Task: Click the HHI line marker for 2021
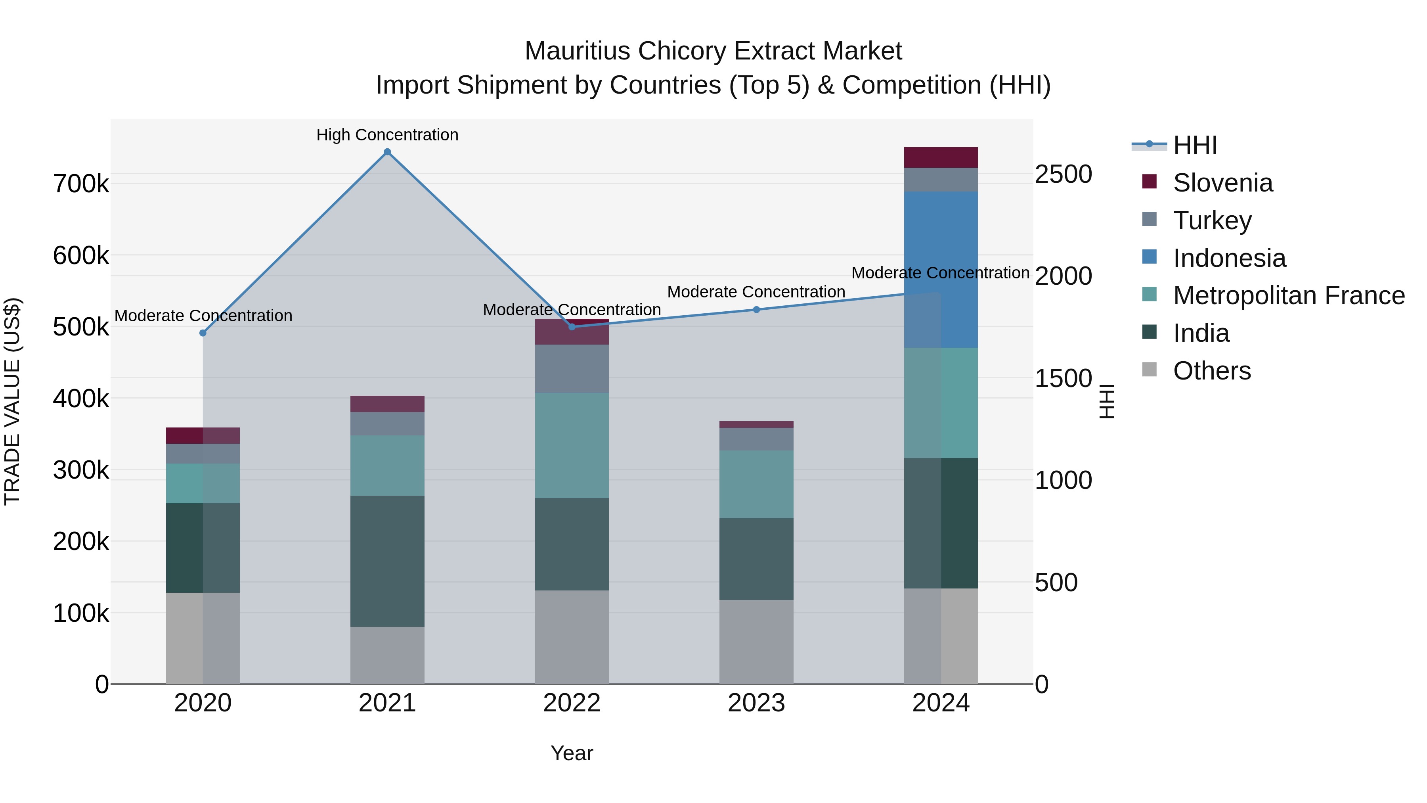[x=387, y=152]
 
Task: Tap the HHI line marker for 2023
[x=756, y=310]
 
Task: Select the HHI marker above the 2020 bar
[x=203, y=333]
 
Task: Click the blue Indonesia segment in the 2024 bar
[x=941, y=270]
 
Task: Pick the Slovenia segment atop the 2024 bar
[x=941, y=157]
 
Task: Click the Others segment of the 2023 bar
[x=756, y=642]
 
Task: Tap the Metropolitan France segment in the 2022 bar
[x=572, y=446]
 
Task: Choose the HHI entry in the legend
[x=1194, y=145]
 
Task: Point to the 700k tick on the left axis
[x=81, y=184]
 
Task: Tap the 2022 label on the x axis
[x=572, y=703]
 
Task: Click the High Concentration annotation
[x=387, y=135]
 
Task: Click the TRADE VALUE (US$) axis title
[x=12, y=401]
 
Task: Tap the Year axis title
[x=572, y=753]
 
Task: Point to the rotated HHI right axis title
[x=1106, y=401]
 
